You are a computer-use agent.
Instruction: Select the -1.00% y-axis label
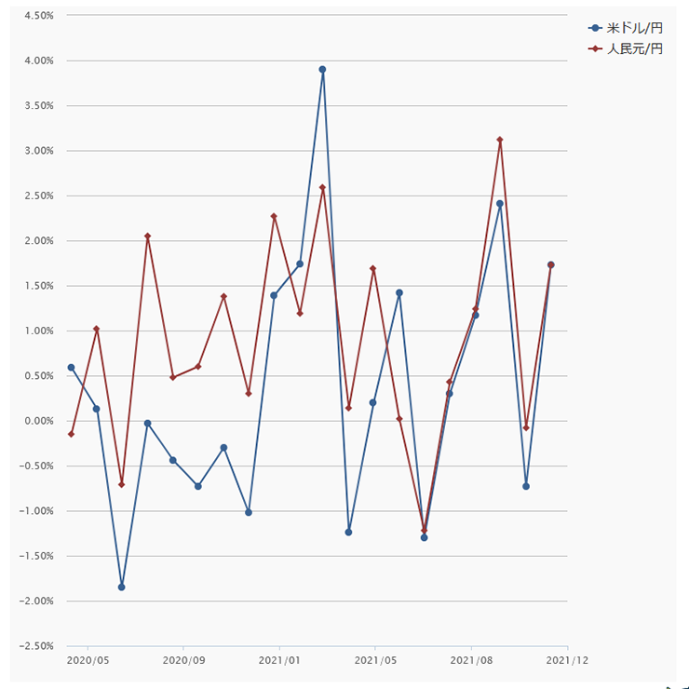pos(36,511)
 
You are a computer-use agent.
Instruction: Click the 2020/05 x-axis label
pos(88,661)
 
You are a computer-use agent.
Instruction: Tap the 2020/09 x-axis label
pos(183,661)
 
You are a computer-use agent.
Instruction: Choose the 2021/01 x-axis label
pos(279,661)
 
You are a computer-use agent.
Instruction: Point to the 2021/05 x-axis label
pos(375,661)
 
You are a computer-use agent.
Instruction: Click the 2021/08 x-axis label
pos(471,661)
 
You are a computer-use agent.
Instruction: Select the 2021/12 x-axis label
pos(568,661)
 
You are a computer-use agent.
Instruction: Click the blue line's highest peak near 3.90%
pos(322,69)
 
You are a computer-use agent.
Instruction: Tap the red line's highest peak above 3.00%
pos(500,140)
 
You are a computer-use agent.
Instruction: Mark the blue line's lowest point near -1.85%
pos(121,587)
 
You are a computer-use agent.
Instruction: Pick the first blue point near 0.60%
pos(71,367)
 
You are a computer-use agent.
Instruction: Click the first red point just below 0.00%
pos(71,434)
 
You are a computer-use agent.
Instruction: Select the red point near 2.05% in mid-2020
pos(147,236)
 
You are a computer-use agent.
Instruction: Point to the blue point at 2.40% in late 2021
pos(500,203)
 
